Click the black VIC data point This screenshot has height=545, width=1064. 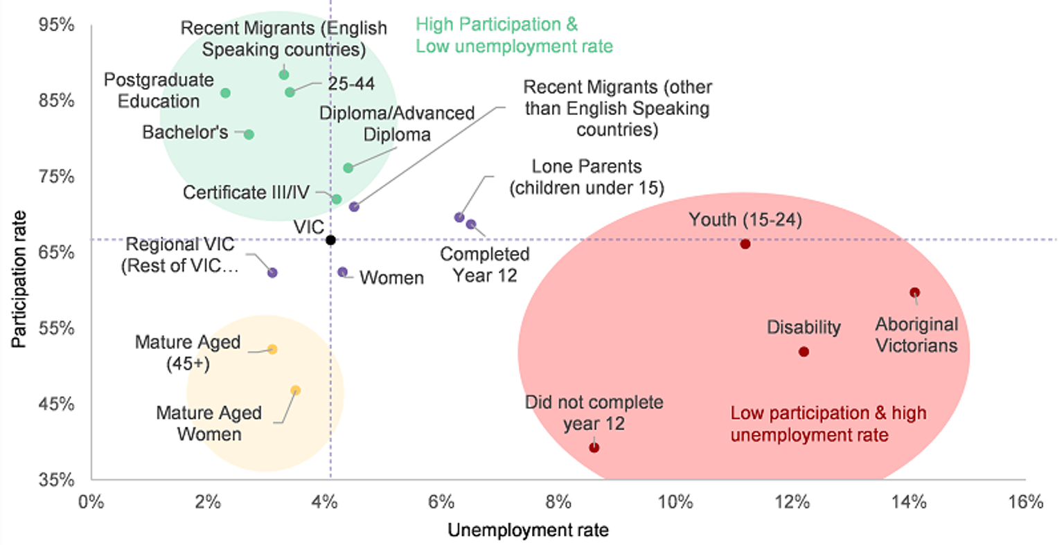pyautogui.click(x=330, y=240)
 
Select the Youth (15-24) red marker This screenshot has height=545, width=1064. pyautogui.click(x=745, y=244)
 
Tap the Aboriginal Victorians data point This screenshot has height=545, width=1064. pyautogui.click(x=914, y=293)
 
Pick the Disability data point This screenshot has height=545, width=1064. pyautogui.click(x=804, y=352)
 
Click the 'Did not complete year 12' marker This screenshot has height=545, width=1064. pyautogui.click(x=594, y=448)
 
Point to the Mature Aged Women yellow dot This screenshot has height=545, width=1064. pyautogui.click(x=296, y=391)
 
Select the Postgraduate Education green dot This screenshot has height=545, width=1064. pyautogui.click(x=225, y=93)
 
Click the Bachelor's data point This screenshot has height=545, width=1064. pyautogui.click(x=249, y=134)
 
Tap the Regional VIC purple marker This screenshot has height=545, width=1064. pyautogui.click(x=272, y=273)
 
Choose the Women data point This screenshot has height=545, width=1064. pyautogui.click(x=342, y=272)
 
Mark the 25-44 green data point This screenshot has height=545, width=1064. pyautogui.click(x=290, y=92)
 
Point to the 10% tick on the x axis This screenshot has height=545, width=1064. pyautogui.click(x=675, y=502)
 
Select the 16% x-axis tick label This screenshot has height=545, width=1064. pyautogui.click(x=1025, y=502)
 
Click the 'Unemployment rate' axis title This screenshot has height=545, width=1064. pyautogui.click(x=529, y=530)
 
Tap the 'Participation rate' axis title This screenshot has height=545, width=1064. pyautogui.click(x=19, y=279)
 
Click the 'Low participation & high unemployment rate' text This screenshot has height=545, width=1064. pyautogui.click(x=828, y=424)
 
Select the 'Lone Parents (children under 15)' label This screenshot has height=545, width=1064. pyautogui.click(x=587, y=177)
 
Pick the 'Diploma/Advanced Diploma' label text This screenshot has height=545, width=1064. pyautogui.click(x=397, y=123)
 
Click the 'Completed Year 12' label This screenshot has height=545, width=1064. pyautogui.click(x=485, y=265)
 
